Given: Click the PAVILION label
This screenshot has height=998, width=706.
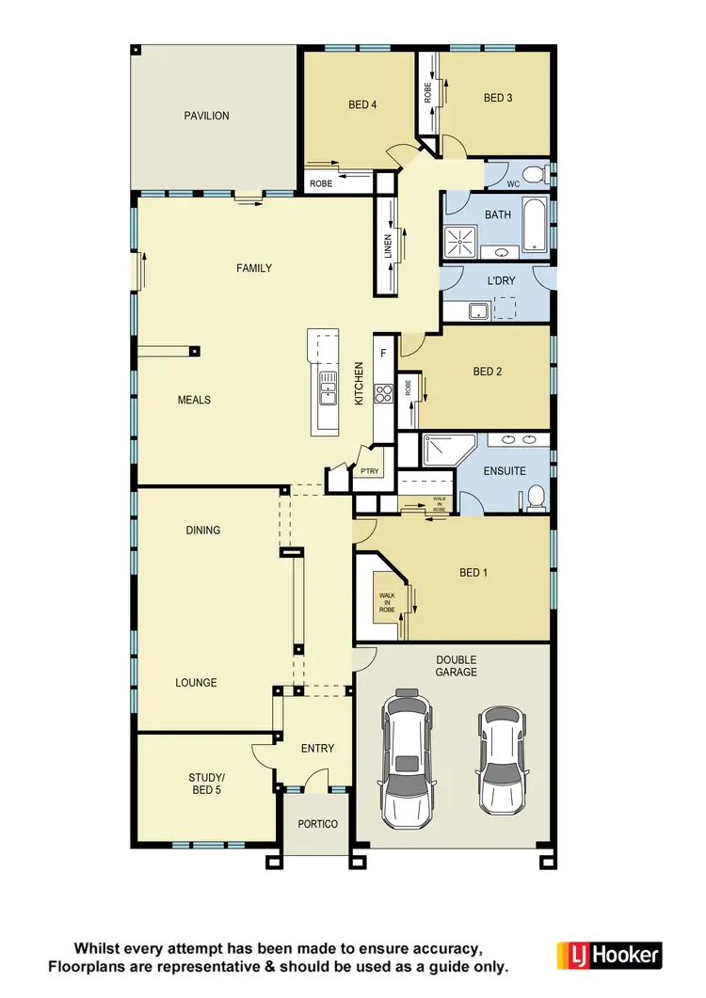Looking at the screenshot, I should click(206, 116).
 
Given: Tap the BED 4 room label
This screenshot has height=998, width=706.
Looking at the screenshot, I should click(362, 104).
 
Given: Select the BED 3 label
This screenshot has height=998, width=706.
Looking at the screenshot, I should click(498, 97).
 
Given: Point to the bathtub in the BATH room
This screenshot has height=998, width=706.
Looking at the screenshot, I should click(534, 225).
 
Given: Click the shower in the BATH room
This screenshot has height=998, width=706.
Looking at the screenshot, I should click(461, 240).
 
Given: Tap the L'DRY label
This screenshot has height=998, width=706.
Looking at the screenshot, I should click(498, 281).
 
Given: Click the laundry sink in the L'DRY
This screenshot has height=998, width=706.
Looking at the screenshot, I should click(478, 309).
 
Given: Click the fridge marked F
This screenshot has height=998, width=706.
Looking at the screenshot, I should click(383, 353).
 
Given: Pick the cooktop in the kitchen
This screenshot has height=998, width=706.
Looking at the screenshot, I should click(383, 393).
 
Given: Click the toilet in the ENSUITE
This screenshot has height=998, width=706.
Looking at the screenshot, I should click(536, 497).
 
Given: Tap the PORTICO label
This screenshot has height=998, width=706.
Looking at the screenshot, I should click(317, 824).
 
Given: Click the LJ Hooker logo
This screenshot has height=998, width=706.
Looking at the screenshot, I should click(609, 955).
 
